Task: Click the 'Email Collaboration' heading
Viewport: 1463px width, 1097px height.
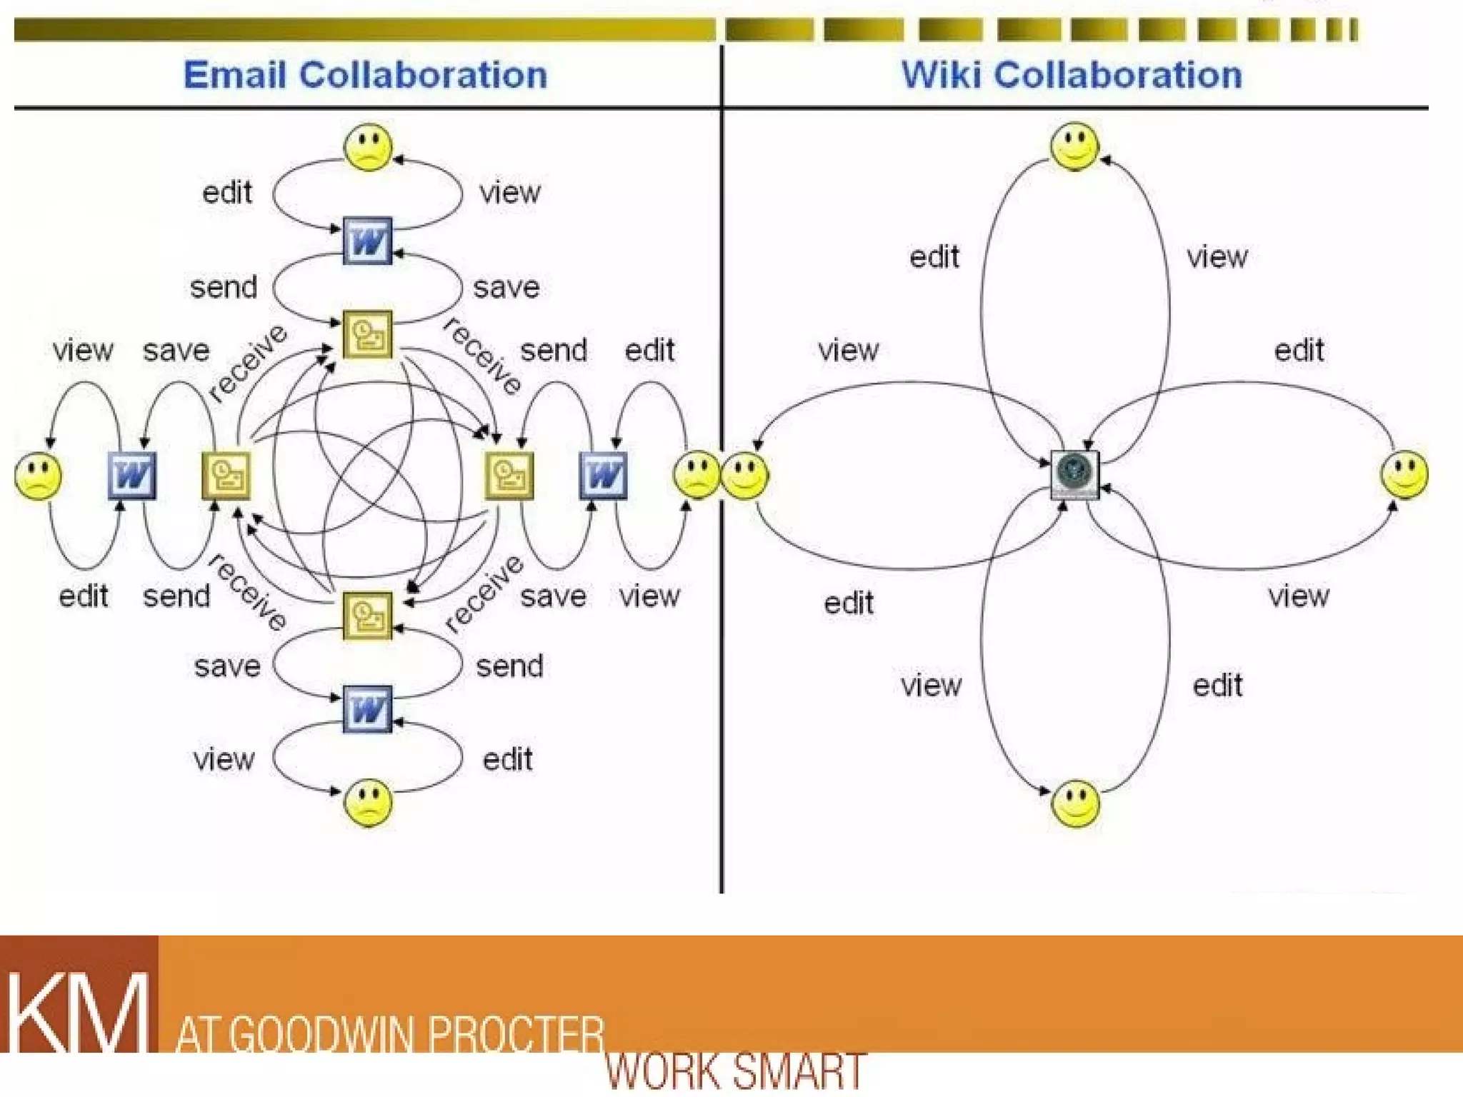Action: (x=365, y=75)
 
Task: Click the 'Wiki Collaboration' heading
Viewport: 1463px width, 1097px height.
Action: (x=1072, y=75)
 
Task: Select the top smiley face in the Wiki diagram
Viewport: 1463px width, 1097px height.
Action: (x=1074, y=146)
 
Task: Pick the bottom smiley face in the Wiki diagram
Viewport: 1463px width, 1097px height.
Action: (x=1075, y=803)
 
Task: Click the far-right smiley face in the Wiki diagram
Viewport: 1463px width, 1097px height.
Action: (x=1404, y=474)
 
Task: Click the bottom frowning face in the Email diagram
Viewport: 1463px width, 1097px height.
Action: (x=368, y=803)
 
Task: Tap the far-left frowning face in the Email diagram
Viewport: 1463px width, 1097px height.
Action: (x=39, y=476)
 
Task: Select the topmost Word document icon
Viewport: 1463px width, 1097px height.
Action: (x=367, y=241)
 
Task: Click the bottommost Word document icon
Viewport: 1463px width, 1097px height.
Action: (x=367, y=709)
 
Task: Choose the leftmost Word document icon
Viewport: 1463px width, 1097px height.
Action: (x=132, y=475)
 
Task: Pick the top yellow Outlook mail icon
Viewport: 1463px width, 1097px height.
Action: (x=367, y=334)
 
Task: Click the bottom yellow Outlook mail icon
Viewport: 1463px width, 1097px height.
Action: (x=367, y=616)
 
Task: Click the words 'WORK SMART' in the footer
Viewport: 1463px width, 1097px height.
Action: (x=736, y=1071)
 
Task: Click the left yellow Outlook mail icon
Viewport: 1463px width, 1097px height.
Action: (x=226, y=475)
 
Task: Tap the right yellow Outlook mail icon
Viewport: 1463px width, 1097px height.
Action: (x=509, y=475)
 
